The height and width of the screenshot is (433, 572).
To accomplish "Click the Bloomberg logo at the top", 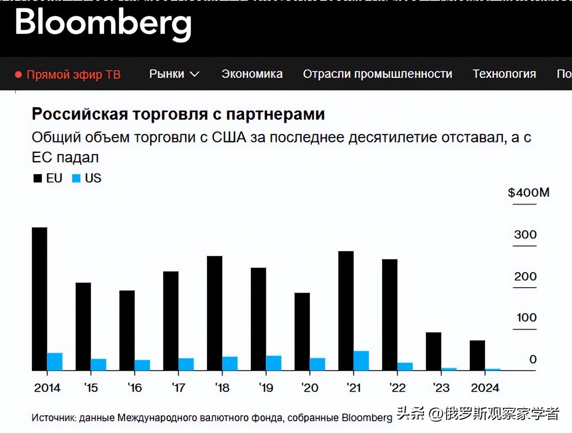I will point(103,23).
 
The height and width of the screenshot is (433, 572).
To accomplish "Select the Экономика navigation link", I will point(252,74).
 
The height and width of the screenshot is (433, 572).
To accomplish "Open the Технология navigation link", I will point(504,74).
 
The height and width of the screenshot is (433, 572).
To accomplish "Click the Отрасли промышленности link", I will point(377,74).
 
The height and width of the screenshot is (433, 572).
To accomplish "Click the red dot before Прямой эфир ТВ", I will point(18,75).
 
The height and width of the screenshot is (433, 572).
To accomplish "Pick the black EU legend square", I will point(38,178).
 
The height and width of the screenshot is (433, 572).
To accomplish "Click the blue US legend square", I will point(76,178).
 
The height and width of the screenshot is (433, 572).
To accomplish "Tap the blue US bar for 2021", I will point(361,361).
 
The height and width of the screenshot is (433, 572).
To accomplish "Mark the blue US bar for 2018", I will point(230,363).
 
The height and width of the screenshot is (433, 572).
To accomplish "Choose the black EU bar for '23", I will point(433,351).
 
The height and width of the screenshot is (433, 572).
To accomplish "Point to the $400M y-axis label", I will point(528,193).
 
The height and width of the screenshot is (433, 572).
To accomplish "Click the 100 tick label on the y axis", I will point(526,317).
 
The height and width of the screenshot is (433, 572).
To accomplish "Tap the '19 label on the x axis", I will point(266,388).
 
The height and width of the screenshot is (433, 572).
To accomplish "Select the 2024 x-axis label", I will point(485,388).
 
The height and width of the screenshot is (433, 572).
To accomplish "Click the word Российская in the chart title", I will point(79,114).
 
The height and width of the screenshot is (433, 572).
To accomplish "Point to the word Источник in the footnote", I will point(53,418).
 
